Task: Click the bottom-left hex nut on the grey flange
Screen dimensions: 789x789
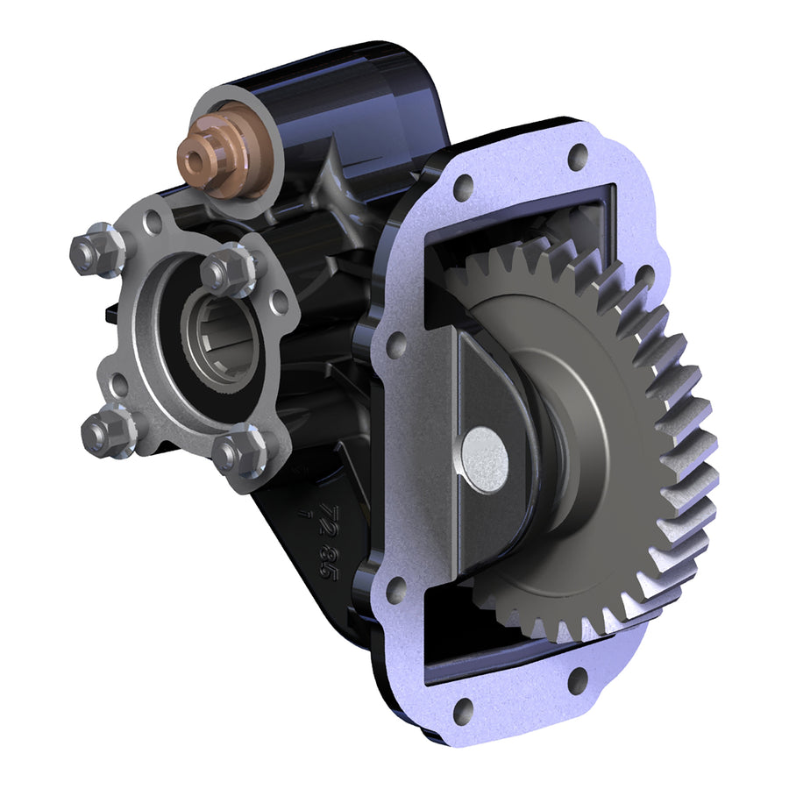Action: click(x=103, y=432)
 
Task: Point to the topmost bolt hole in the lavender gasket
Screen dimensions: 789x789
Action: click(x=577, y=158)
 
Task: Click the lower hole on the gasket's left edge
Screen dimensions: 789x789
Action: click(x=395, y=590)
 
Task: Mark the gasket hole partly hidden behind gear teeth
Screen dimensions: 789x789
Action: click(x=644, y=279)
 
